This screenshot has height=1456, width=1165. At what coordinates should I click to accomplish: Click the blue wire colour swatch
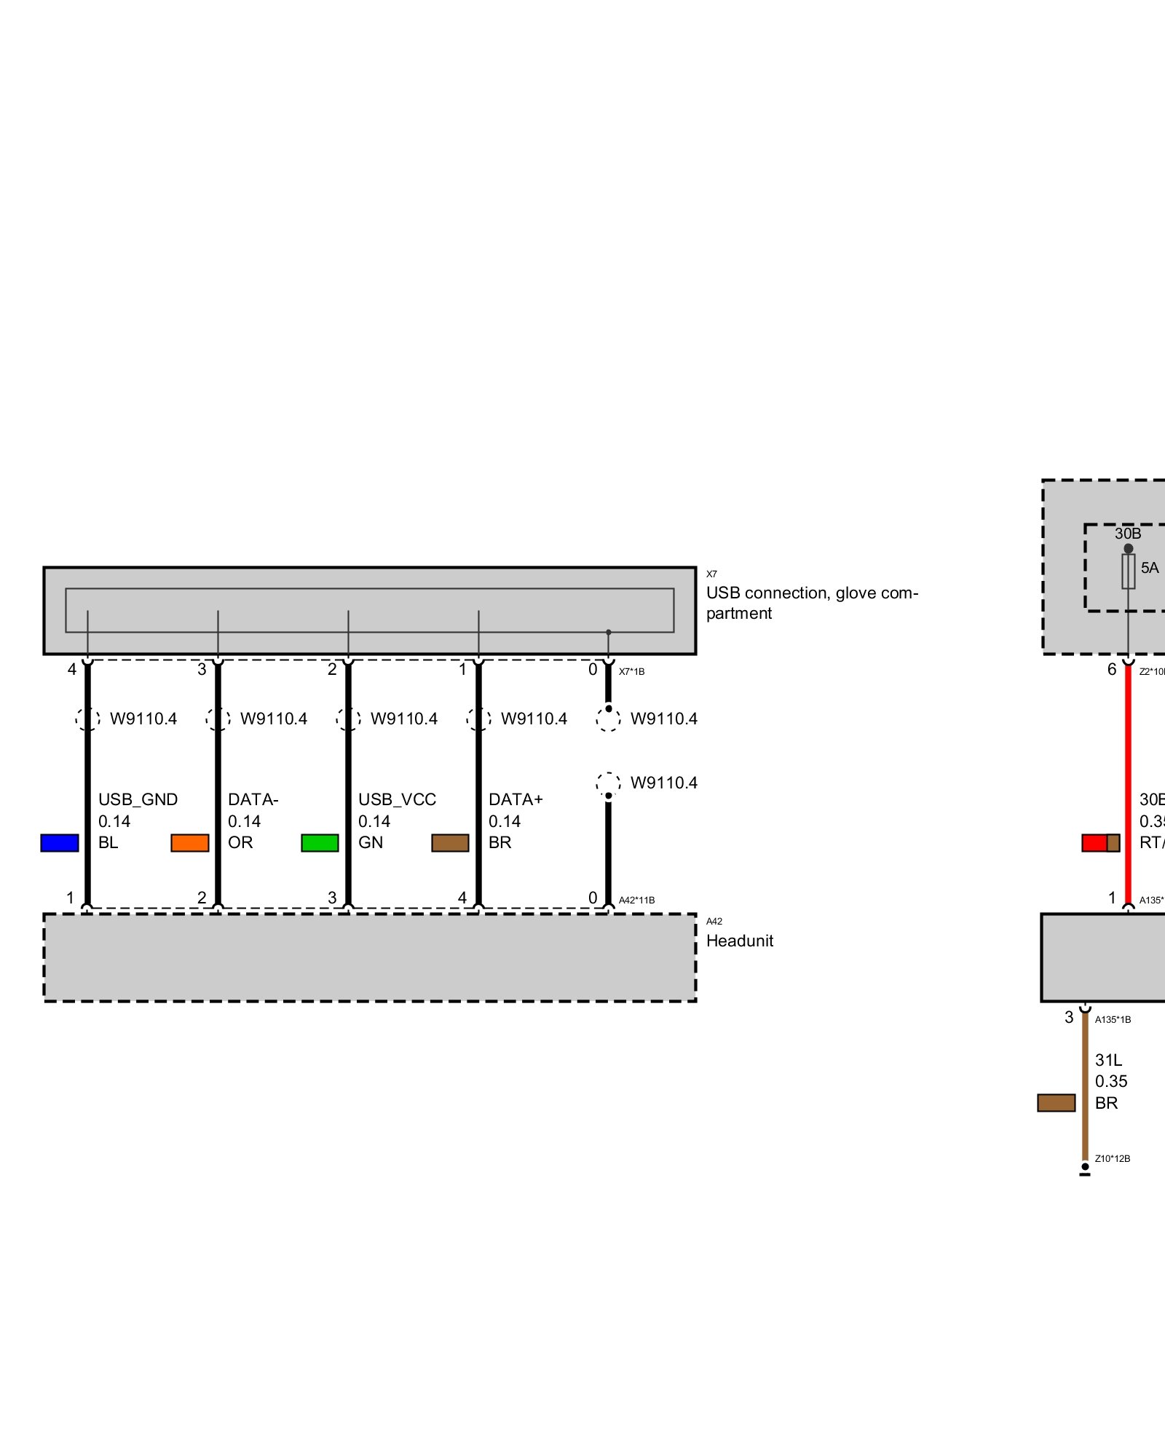click(60, 843)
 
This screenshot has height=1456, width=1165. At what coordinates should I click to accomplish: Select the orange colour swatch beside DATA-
click(190, 843)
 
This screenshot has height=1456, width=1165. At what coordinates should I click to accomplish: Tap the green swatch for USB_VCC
click(320, 843)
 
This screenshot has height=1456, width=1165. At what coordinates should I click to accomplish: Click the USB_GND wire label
click(138, 799)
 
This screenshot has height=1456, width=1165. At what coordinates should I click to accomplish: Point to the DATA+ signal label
click(516, 799)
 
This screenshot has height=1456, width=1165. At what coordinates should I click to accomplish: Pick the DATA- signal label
click(253, 799)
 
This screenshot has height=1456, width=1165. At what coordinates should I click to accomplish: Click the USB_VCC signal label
click(397, 799)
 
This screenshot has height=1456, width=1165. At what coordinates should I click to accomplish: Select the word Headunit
click(739, 941)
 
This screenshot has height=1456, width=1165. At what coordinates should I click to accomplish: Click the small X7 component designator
click(711, 574)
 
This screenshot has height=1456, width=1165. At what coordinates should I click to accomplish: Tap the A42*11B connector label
click(636, 901)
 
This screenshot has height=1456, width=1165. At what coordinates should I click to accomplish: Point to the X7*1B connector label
click(631, 672)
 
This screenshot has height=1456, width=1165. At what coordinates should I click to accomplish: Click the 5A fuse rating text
click(1150, 568)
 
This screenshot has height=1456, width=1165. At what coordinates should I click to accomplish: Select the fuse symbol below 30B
click(1128, 571)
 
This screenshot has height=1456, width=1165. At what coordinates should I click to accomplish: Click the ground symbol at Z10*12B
click(1085, 1171)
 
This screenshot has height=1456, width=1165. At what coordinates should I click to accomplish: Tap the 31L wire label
click(1108, 1060)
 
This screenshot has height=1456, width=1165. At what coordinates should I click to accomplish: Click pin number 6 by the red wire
click(1112, 669)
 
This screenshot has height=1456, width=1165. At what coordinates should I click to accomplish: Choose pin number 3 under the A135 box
click(1069, 1017)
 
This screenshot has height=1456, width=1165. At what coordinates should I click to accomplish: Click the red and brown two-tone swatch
click(1101, 843)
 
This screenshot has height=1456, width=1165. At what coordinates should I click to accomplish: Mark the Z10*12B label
click(1113, 1159)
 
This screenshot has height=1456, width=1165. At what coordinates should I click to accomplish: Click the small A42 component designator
click(714, 922)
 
